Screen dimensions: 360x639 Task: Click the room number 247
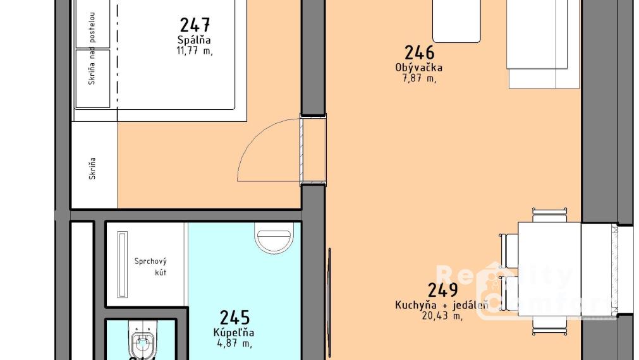point(195,25)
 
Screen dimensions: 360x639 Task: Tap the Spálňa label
point(194,40)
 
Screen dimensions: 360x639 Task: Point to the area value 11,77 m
point(194,51)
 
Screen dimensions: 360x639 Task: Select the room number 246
point(419,52)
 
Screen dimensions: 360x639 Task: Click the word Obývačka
point(418,68)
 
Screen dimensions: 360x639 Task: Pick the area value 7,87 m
point(418,78)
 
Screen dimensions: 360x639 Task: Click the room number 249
point(442,291)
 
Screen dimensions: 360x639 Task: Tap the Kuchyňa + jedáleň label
point(442,306)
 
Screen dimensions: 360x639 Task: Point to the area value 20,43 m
point(442,316)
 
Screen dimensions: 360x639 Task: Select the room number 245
point(234,317)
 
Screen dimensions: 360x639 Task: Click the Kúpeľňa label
point(234,332)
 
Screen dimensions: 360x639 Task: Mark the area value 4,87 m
point(234,343)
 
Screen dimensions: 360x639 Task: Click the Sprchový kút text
point(150,267)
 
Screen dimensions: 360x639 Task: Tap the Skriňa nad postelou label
point(92,48)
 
